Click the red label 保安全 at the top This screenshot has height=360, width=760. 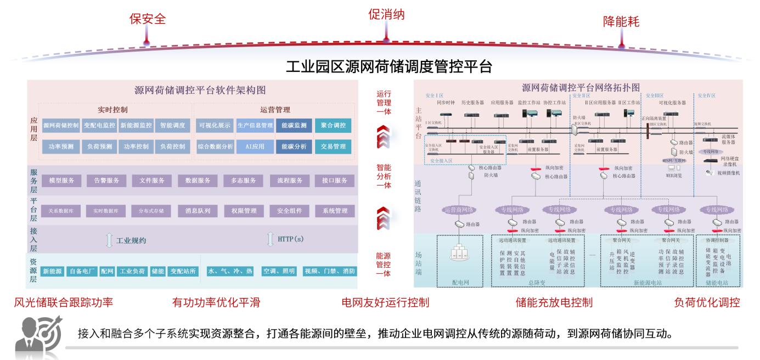[147, 19]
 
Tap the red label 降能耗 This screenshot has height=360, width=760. [621, 21]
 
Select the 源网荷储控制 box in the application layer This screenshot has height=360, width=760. [61, 126]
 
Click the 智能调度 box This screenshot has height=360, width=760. [173, 126]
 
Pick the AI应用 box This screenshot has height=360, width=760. [255, 147]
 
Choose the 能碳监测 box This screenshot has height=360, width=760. [294, 126]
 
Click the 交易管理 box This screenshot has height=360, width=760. [334, 147]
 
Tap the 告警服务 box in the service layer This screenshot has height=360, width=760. [106, 181]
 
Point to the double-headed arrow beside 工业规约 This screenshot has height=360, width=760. [109, 240]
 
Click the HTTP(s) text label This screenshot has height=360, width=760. [290, 239]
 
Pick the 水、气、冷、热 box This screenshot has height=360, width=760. [230, 271]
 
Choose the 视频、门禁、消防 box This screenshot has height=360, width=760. [329, 271]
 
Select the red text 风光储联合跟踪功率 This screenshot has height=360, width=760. [64, 302]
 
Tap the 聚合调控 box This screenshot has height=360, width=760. [334, 126]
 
